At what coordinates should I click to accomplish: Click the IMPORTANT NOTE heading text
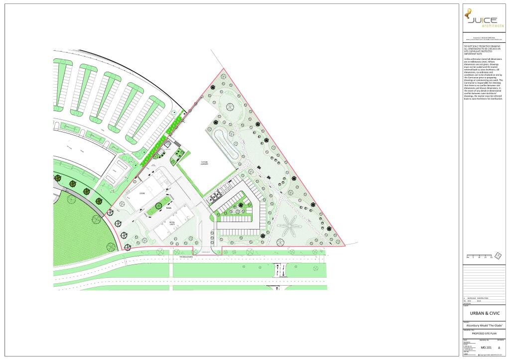click(x=475, y=53)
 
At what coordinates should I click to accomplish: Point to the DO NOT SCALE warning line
click(x=482, y=45)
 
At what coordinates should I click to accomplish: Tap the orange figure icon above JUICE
click(x=468, y=15)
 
